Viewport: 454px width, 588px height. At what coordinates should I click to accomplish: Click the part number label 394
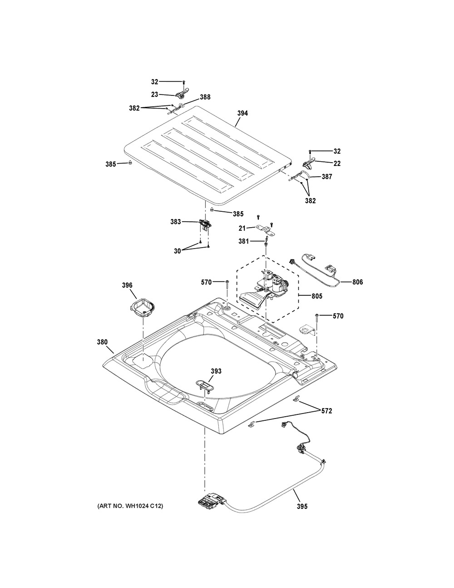click(x=242, y=113)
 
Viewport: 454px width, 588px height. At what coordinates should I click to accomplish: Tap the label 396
click(x=127, y=285)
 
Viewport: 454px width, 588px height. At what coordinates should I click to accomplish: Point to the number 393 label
click(x=216, y=371)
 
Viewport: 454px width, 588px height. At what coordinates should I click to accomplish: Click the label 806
click(x=357, y=282)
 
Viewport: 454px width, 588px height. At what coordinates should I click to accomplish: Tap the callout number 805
click(x=316, y=296)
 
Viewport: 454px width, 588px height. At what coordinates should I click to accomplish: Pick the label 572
click(x=326, y=411)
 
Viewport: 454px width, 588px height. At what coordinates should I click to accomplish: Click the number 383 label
click(x=176, y=222)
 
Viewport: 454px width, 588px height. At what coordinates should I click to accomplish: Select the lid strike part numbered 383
click(x=205, y=224)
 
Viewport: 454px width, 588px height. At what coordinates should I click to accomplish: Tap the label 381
click(x=244, y=242)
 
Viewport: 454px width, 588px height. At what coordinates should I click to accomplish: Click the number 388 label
click(x=205, y=97)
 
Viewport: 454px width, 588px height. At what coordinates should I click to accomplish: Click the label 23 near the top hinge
click(x=155, y=95)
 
